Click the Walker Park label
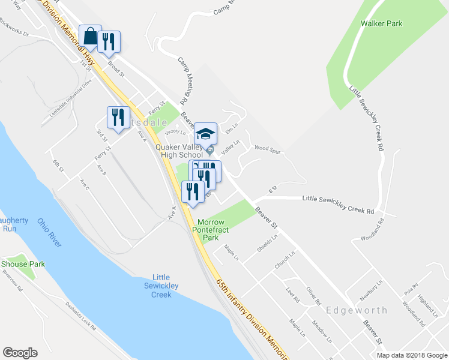[x=382, y=24]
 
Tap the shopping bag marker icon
[x=90, y=37]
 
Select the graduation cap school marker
[x=205, y=134]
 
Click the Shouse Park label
[x=23, y=264]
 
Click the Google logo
[x=20, y=353]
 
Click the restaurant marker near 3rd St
[x=116, y=117]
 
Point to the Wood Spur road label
[x=268, y=148]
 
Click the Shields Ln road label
[x=267, y=241]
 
